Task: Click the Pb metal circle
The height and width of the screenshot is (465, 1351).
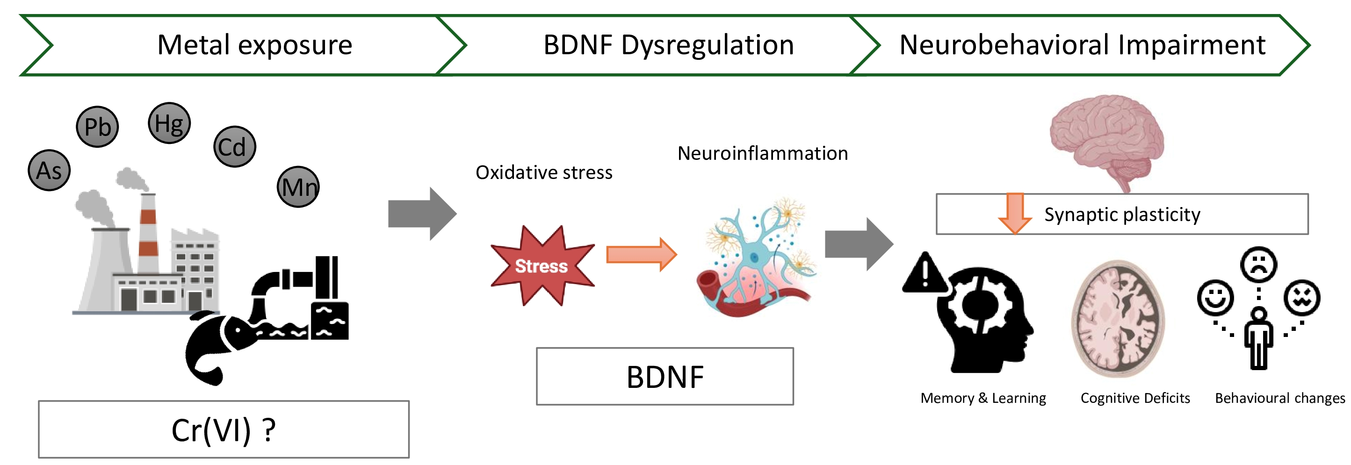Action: pos(98,126)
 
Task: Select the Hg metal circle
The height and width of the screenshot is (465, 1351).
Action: pos(169,123)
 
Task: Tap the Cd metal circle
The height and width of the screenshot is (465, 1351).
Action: pos(234,147)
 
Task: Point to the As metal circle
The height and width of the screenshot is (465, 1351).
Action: pos(49,171)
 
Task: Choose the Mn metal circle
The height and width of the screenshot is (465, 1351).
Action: pos(298,187)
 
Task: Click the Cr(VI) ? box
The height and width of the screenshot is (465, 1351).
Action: pos(224,429)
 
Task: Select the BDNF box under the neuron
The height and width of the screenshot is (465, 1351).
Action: pos(665,376)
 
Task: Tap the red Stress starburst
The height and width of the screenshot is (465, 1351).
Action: pos(542,266)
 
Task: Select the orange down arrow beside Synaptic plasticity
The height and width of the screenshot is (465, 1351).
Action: pos(1015,213)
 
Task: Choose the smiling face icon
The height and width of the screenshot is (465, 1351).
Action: pos(1215,298)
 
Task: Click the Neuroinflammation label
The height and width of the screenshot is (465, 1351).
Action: pos(763,154)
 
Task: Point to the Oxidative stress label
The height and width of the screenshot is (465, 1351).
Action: pos(544,172)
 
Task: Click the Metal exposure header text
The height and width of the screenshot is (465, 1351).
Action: pos(255,45)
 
